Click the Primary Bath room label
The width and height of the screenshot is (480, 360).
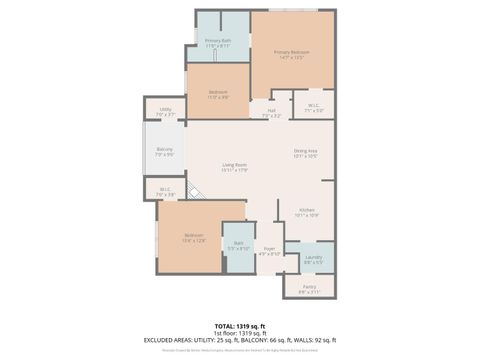218,43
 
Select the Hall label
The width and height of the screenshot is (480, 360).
271,112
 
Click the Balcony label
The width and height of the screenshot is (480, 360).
165,152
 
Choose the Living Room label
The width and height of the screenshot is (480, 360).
235,167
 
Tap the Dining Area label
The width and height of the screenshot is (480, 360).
306,153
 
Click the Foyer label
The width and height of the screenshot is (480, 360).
269,251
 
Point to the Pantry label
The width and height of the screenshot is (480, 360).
309,289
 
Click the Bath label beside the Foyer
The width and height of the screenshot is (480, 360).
239,245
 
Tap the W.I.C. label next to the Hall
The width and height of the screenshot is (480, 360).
313,108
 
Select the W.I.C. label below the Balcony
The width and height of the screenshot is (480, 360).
165,191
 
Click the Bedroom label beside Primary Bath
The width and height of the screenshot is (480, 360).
218,95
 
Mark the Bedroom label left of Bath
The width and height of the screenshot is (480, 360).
194,238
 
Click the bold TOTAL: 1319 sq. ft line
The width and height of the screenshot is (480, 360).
240,326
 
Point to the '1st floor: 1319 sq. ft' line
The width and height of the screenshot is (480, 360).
240,334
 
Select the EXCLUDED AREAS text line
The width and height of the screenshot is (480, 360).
240,342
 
